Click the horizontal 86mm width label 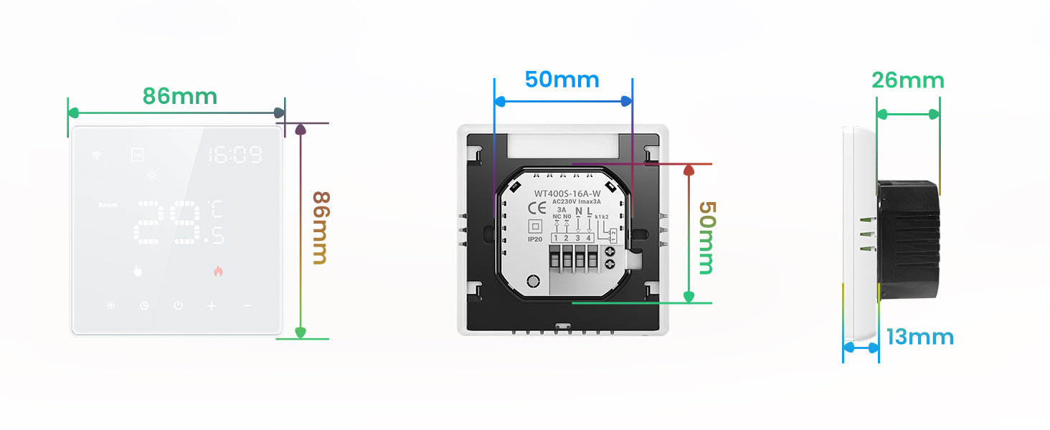179,96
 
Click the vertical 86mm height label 321,227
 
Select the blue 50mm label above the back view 562,80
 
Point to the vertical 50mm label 706,237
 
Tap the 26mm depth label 908,80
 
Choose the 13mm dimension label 920,337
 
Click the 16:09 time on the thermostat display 235,155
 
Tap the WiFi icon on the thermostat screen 97,156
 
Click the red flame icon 217,271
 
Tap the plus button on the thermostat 212,306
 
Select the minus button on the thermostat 247,306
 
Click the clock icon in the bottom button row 144,306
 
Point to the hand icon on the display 138,271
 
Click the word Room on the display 108,206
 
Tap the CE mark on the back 536,209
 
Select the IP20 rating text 535,239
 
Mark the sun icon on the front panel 152,175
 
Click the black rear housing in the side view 908,240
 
